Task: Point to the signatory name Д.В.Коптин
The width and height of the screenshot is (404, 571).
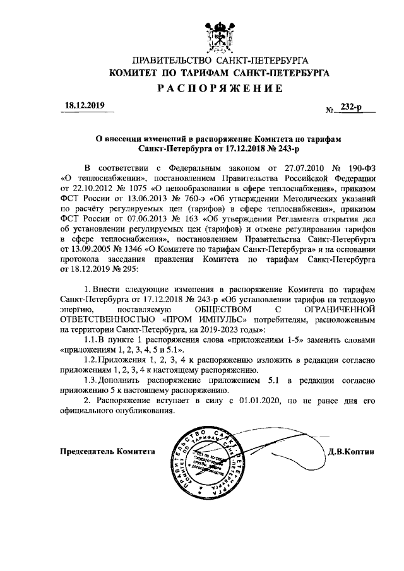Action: (352, 451)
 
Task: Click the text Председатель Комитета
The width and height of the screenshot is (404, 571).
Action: (107, 451)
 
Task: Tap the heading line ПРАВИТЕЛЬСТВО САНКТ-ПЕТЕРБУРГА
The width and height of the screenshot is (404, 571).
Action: (220, 61)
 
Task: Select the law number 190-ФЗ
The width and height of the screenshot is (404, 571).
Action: (363, 168)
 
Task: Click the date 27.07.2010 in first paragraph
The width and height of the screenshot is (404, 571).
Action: (290, 168)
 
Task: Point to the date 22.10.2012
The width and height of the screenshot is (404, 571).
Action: (82, 187)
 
